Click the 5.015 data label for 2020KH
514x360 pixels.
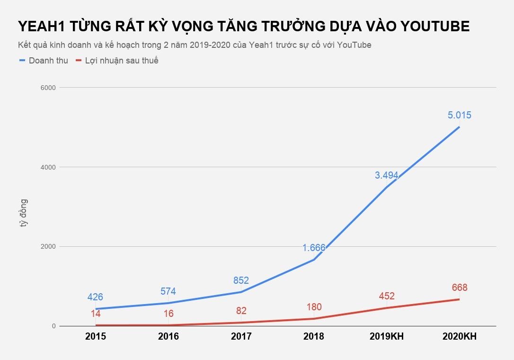459,115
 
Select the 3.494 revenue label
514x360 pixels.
386,175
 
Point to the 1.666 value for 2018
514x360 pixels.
314,248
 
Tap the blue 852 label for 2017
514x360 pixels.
241,280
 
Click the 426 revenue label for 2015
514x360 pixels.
95,297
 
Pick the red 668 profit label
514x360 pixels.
459,288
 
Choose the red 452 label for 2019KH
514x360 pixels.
386,297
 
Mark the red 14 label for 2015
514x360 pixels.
95,313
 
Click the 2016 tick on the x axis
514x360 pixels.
168,337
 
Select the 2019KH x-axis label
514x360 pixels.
386,337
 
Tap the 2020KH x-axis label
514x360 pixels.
459,337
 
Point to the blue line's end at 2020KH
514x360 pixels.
459,127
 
